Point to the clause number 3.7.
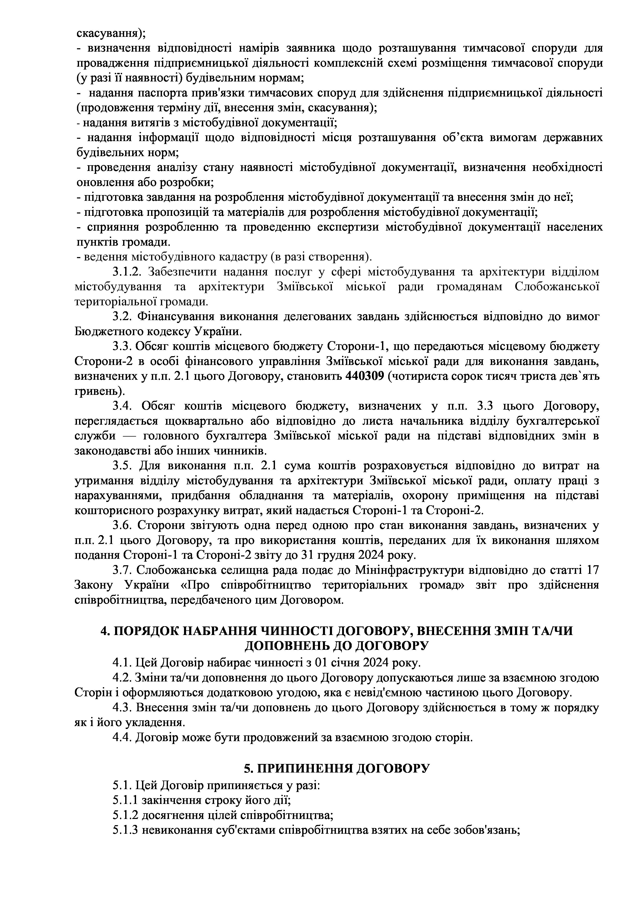tap(122, 570)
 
